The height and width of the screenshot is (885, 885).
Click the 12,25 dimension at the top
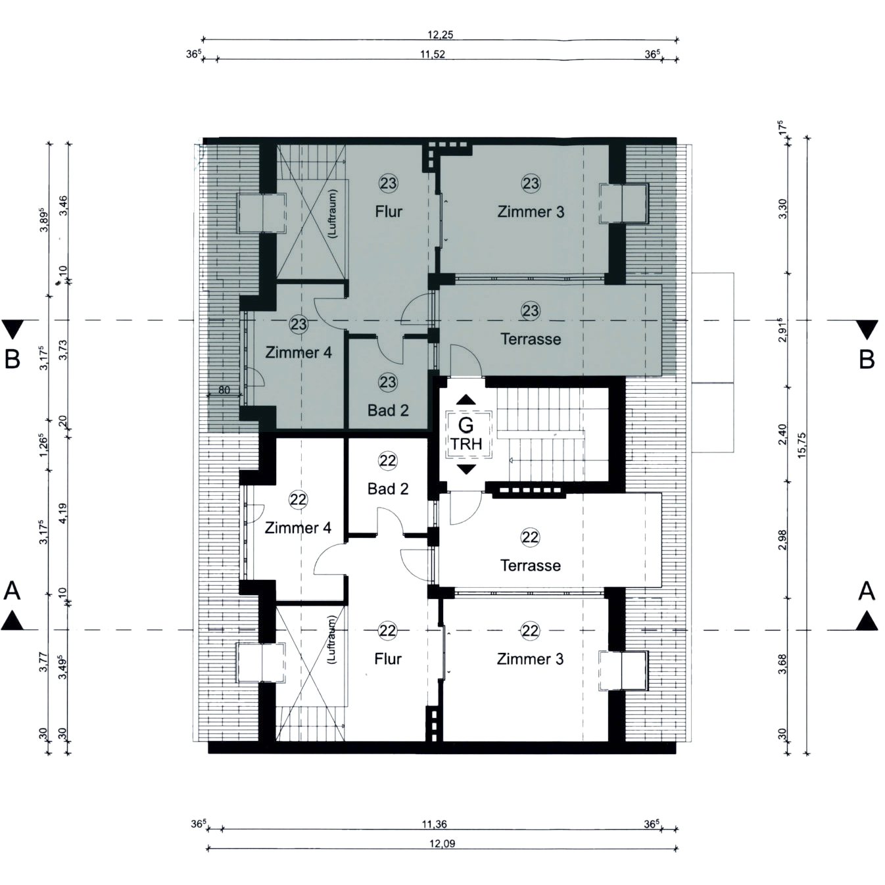[x=441, y=35]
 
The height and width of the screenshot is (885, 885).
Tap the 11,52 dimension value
[x=433, y=55]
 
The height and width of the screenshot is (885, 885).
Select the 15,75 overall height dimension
[x=802, y=446]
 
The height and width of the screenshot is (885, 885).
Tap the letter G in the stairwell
[x=466, y=425]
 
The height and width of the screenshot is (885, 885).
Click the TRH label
[x=466, y=444]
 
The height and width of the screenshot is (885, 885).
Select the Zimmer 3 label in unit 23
[x=531, y=212]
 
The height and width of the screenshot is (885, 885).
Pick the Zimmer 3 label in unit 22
[x=530, y=659]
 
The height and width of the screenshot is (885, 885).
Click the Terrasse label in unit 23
[x=531, y=339]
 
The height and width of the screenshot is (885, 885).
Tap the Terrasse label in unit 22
[x=531, y=565]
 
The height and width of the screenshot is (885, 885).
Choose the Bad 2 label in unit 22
[x=388, y=489]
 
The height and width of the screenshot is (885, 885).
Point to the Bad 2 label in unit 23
[x=388, y=410]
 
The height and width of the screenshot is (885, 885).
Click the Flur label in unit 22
[x=388, y=659]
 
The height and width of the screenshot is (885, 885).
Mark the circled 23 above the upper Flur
[x=388, y=183]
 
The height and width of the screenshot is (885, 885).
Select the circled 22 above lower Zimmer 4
[x=298, y=500]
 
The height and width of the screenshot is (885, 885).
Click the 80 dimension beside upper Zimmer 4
[x=224, y=390]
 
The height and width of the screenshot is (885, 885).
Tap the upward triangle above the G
[x=467, y=399]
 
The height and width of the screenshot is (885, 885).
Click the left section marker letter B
[x=12, y=359]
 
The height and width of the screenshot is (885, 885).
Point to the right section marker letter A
[x=867, y=591]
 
